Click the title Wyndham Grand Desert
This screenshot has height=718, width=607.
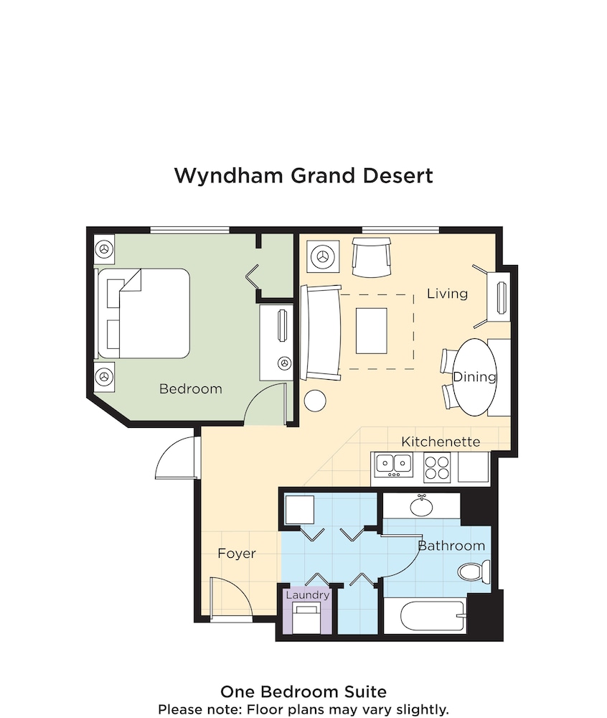tap(303, 176)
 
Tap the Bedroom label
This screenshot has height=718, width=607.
tap(190, 389)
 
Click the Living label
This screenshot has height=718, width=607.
tap(447, 294)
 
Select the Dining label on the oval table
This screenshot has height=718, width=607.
tap(474, 377)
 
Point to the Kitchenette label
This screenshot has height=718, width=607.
tap(441, 442)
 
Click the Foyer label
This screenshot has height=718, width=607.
tap(237, 554)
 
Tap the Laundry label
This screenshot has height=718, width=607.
tap(308, 595)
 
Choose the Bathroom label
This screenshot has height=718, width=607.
tap(451, 546)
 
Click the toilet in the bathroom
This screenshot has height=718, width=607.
tap(474, 572)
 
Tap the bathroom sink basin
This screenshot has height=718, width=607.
tap(421, 507)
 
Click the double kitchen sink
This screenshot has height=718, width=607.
tap(392, 466)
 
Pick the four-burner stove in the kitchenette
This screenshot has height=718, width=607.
tap(436, 467)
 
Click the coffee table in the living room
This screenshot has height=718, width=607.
tap(371, 330)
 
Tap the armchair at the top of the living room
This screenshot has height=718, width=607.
tap(371, 258)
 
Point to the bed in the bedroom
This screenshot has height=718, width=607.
tap(143, 313)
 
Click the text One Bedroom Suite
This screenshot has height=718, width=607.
tap(303, 692)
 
